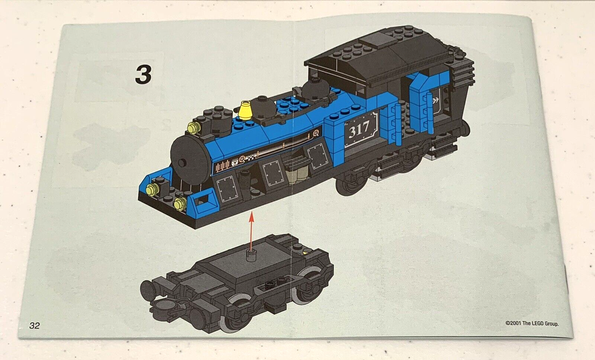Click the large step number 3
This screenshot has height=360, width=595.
(143, 74)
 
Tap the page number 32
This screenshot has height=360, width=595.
(35, 325)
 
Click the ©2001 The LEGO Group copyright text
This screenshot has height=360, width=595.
(532, 323)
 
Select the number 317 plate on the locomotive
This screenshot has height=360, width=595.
(360, 130)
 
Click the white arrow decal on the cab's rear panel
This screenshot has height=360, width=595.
(438, 98)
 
